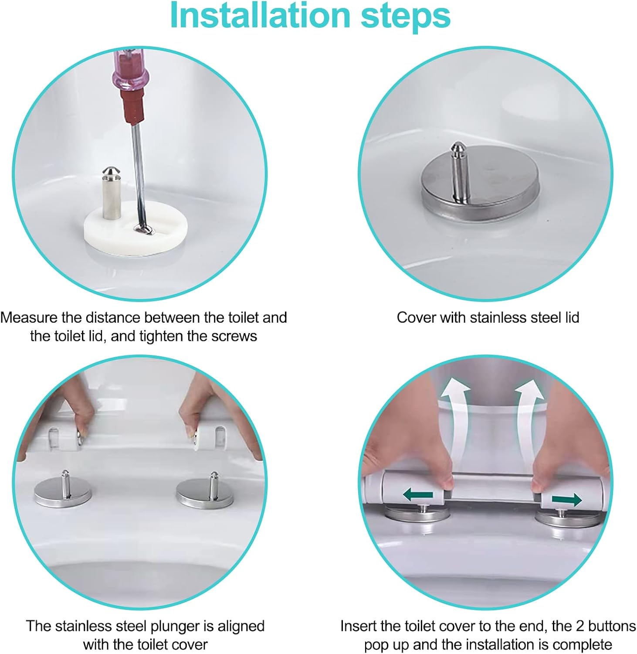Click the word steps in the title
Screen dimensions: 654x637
(x=405, y=15)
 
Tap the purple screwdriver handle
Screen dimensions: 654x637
(x=129, y=70)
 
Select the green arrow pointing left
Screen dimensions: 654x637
(x=417, y=495)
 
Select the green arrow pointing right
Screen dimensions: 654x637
(x=567, y=499)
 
